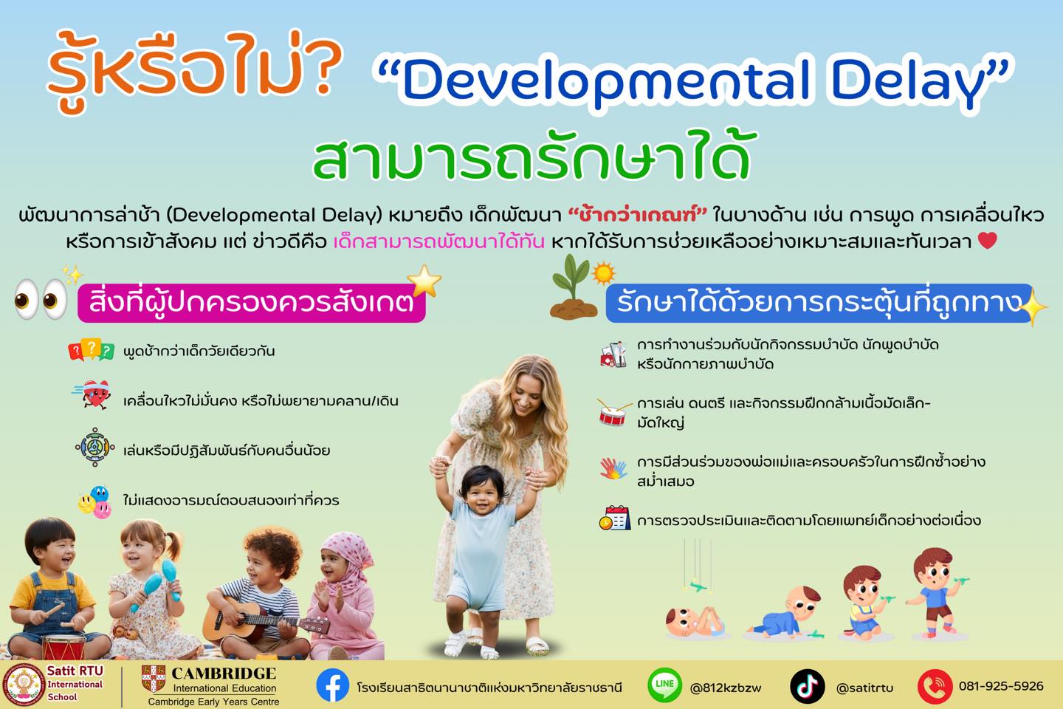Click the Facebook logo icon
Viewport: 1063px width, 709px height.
coord(332,685)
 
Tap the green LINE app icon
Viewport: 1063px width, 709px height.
coord(665,685)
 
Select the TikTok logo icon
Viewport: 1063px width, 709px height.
coord(807,686)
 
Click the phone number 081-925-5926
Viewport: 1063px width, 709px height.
coord(1001,686)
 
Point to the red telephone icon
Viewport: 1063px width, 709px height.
coord(935,686)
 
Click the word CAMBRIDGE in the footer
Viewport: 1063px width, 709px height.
coord(224,674)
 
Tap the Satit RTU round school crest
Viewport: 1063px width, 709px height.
coord(24,685)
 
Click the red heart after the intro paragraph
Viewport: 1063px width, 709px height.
coord(987,240)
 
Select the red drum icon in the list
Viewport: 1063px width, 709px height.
coord(613,411)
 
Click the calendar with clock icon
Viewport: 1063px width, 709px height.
coord(614,518)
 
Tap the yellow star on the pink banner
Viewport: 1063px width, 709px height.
coord(424,281)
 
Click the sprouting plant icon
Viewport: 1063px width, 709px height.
coord(573,287)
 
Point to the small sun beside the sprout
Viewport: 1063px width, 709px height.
coord(603,273)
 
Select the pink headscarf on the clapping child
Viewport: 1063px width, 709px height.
coord(345,562)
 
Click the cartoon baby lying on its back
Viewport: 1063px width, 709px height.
coord(694,622)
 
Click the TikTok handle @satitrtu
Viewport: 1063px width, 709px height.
coord(864,688)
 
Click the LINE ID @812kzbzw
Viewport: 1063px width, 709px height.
coord(725,688)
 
